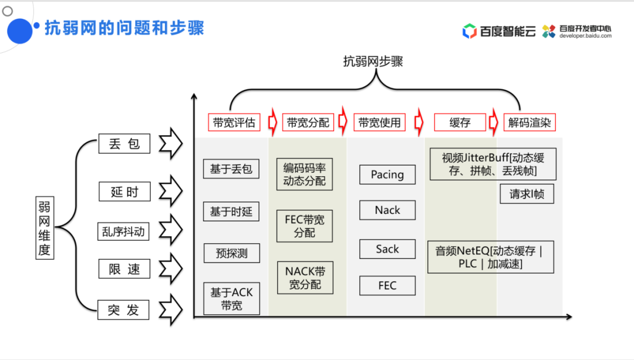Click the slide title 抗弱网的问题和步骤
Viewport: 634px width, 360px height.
[124, 28]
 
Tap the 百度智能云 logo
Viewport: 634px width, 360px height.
[499, 31]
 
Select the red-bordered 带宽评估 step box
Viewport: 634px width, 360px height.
[234, 122]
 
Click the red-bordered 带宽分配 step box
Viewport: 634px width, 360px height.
[308, 122]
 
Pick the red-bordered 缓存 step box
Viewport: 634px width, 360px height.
[460, 122]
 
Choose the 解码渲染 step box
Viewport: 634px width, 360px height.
[530, 122]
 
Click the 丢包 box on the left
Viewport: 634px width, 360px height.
[124, 144]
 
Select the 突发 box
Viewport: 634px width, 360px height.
[123, 309]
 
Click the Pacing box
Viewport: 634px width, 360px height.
[387, 174]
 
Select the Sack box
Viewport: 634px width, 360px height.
[387, 249]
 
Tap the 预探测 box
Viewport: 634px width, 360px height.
[231, 253]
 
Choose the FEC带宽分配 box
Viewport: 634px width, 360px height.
[305, 226]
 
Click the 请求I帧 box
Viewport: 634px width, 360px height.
[527, 194]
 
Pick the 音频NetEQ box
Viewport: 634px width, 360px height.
[490, 257]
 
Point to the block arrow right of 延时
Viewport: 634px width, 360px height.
[171, 191]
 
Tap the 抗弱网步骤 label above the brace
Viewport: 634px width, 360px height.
[373, 62]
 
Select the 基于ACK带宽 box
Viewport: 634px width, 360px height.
[231, 298]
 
